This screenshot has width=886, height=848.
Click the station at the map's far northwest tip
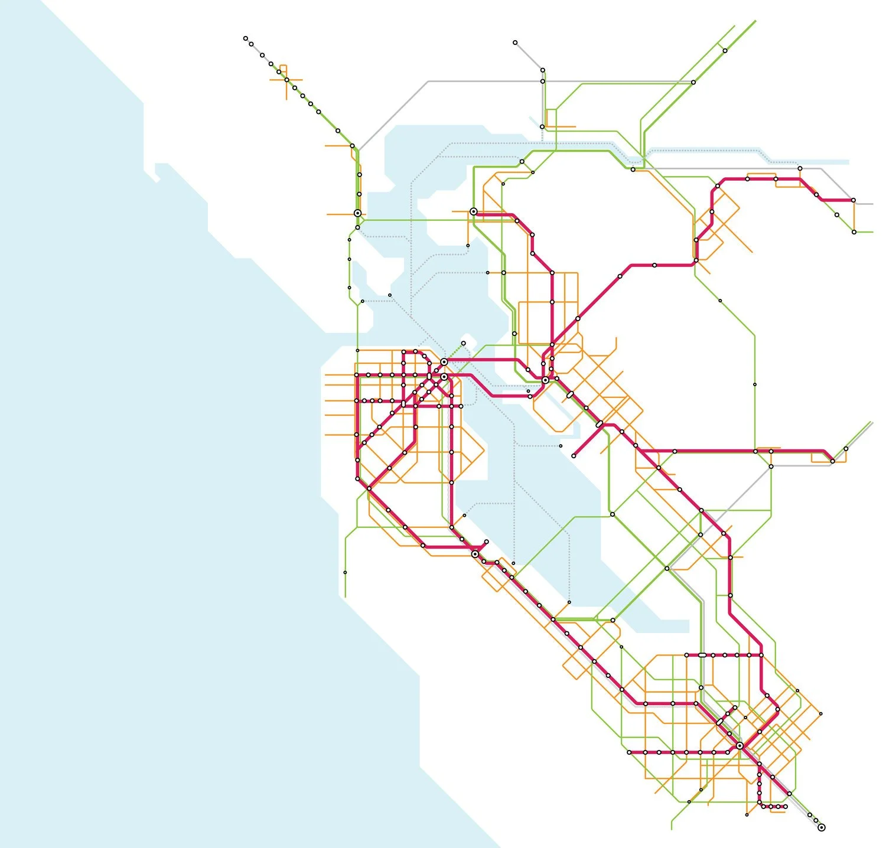tap(246, 38)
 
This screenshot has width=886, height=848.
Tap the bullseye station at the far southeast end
tap(821, 827)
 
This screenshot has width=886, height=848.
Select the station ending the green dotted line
tap(464, 343)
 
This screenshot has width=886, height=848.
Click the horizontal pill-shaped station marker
tap(702, 655)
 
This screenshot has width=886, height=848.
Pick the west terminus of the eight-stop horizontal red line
tap(630, 752)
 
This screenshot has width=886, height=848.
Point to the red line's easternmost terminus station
tap(854, 200)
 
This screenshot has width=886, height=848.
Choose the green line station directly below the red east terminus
tap(854, 232)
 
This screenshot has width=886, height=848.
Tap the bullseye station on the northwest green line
tap(357, 213)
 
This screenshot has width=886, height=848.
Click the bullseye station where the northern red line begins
tap(474, 211)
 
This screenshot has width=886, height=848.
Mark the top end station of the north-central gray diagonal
tap(515, 43)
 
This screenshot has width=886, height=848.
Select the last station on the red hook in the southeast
tap(786, 806)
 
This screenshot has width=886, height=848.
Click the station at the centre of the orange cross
tap(286, 80)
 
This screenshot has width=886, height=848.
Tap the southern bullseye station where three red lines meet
tap(740, 746)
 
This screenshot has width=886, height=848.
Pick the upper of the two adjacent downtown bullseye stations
tap(444, 361)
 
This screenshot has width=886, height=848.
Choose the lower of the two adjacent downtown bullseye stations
tap(444, 376)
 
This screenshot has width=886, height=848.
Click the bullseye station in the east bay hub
tap(545, 381)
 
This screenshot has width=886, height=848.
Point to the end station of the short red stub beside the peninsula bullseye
tap(487, 542)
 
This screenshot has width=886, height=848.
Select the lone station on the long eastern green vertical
tap(754, 384)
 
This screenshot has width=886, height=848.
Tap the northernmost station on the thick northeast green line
tap(725, 51)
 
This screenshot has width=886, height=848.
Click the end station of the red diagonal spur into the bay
tap(574, 456)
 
